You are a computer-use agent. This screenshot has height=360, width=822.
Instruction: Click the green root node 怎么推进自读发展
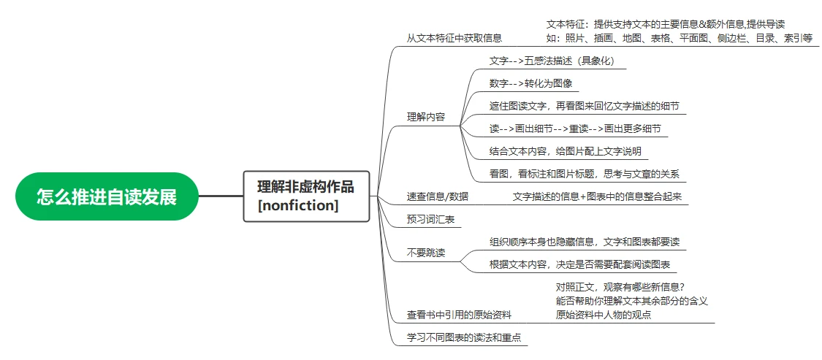point(107,196)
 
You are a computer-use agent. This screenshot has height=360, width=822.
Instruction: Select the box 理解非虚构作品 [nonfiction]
point(307,196)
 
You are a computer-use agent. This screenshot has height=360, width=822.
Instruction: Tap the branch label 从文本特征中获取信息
point(454,38)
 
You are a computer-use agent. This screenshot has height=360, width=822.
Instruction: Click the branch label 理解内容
point(426,117)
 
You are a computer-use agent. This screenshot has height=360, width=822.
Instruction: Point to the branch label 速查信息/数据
point(438,196)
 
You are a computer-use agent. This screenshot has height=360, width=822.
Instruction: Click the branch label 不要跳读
point(426,253)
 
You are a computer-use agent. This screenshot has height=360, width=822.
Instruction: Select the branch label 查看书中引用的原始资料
point(460,315)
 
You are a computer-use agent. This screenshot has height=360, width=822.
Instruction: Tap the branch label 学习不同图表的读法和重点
point(464,337)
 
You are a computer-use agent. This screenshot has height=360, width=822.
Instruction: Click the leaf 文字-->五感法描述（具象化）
point(551,61)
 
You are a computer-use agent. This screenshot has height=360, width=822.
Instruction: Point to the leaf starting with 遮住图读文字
point(584,106)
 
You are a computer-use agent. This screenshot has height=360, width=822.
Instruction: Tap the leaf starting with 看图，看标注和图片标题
point(584,174)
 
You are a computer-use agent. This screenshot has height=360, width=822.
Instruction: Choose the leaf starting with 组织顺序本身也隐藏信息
point(584,242)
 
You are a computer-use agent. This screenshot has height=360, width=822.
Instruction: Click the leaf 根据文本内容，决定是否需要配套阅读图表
point(579,264)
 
